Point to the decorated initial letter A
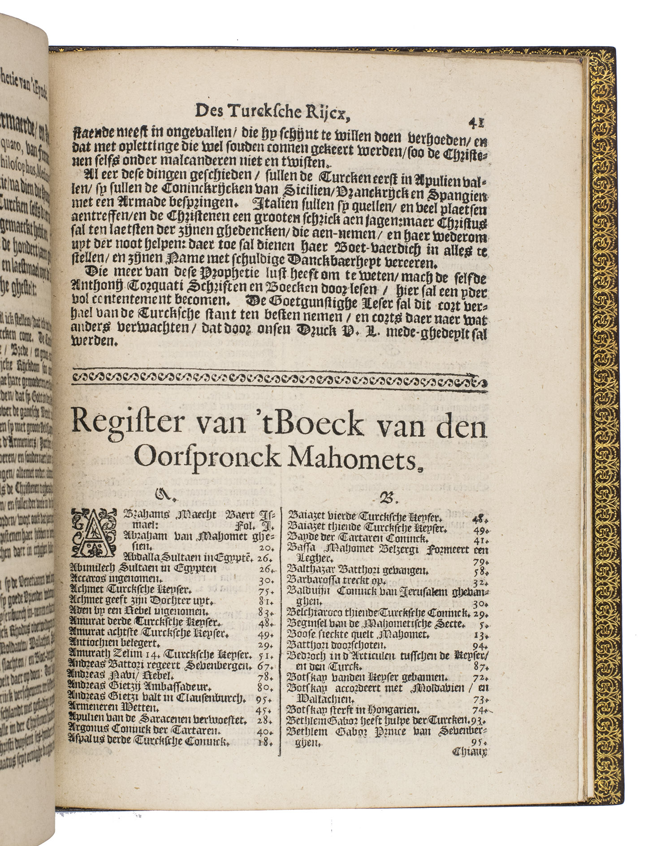coord(91,530)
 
